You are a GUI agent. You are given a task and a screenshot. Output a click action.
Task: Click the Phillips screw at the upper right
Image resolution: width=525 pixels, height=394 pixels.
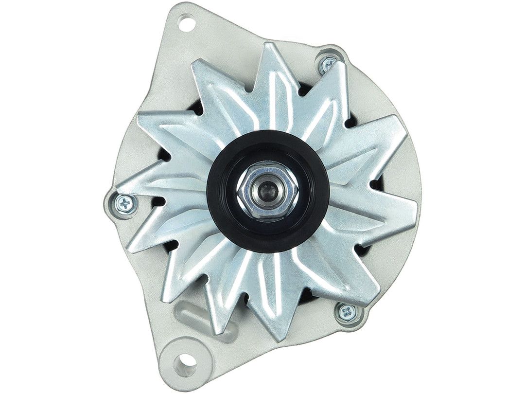coord(329,63)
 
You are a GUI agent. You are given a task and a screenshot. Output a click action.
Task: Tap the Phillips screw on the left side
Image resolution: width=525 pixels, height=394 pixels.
coord(125,204)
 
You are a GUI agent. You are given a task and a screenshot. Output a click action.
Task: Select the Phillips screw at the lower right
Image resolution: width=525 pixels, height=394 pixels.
coord(347,312)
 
